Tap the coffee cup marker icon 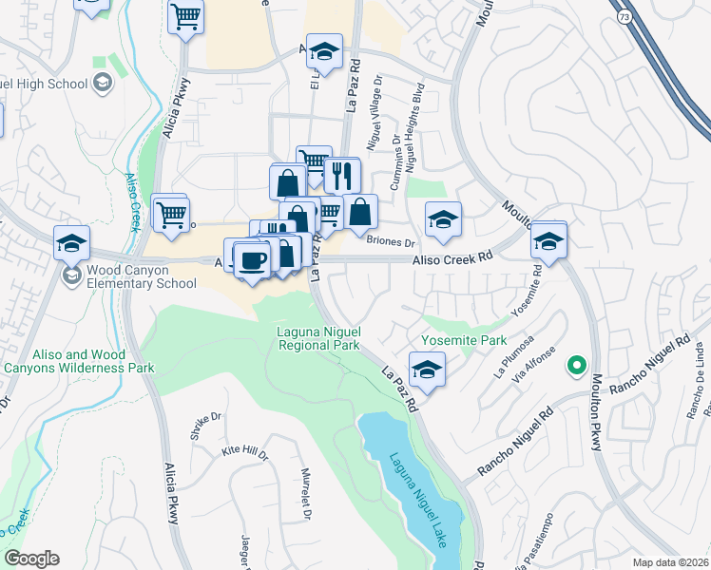(x=251, y=260)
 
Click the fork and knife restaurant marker (x=342, y=176)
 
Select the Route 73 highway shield (x=624, y=18)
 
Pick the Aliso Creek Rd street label (x=452, y=256)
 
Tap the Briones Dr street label (x=392, y=241)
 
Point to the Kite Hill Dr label (x=244, y=453)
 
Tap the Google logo (x=31, y=558)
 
